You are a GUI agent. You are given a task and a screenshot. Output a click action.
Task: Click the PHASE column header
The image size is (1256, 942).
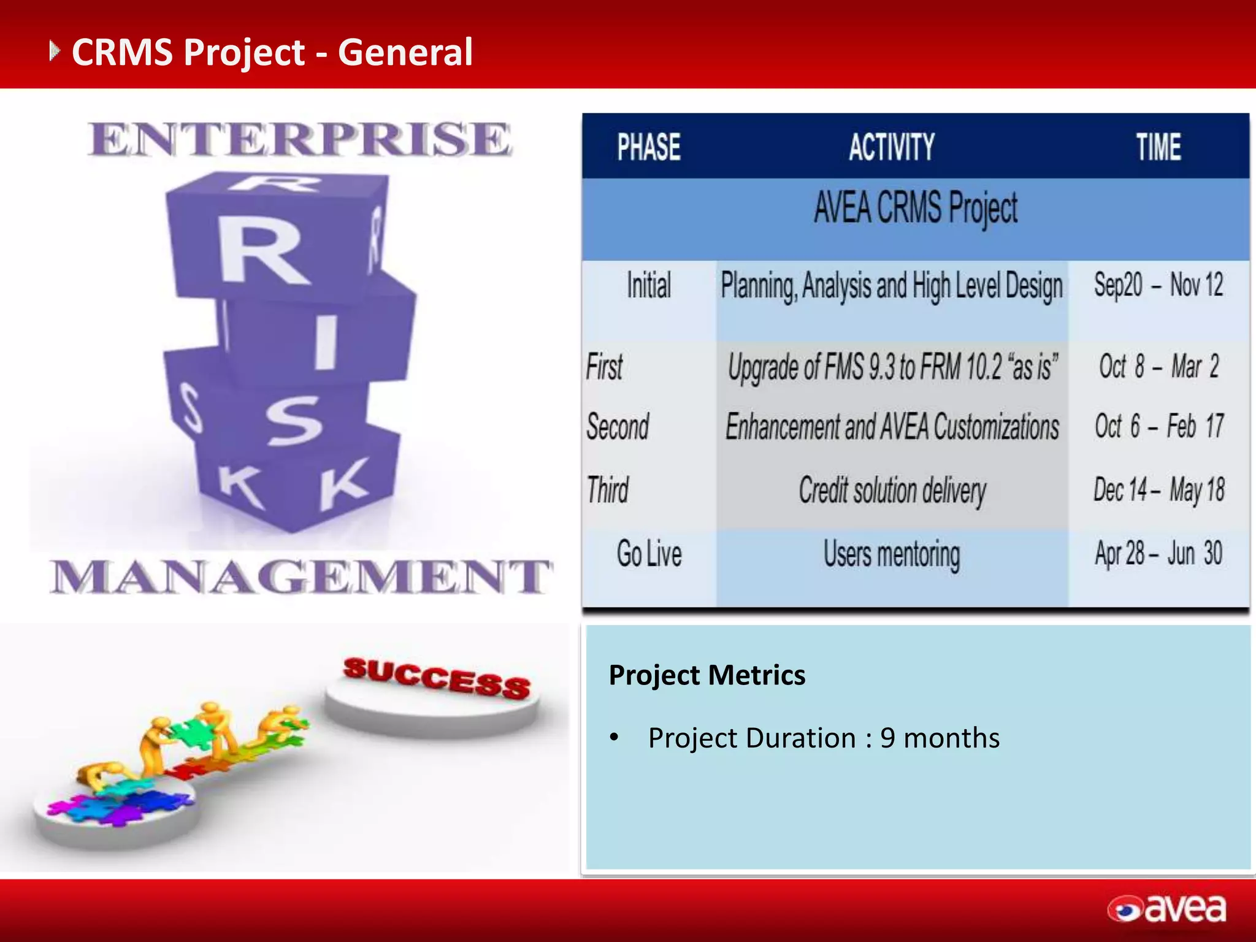(649, 147)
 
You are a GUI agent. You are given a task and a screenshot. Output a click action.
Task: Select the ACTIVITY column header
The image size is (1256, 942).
(892, 147)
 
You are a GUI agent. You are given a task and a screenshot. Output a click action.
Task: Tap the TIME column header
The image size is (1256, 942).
(1158, 147)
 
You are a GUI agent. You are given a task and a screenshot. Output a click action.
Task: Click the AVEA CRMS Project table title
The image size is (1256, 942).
(916, 208)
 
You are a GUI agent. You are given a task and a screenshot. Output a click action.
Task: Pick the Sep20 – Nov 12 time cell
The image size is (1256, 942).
(1158, 285)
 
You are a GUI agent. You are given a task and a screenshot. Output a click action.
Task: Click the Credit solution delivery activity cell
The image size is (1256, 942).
(892, 491)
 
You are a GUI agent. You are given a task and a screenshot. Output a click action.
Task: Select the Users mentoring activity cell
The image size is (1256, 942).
(892, 554)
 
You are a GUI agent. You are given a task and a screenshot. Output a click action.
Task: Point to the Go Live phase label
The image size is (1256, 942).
(649, 554)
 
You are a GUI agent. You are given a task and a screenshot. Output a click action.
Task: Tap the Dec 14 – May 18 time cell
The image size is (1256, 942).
(1158, 491)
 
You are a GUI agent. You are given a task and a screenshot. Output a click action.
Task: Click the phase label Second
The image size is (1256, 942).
(618, 427)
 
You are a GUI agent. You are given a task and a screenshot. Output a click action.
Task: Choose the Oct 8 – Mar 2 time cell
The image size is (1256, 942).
(1158, 367)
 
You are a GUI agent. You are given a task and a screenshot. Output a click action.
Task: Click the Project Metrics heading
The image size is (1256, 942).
(706, 675)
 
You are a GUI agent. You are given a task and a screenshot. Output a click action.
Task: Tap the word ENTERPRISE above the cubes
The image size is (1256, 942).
(299, 140)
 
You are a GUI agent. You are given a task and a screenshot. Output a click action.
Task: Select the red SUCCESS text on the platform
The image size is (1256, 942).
(437, 678)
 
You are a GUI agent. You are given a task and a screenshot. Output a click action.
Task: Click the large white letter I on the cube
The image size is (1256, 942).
(326, 342)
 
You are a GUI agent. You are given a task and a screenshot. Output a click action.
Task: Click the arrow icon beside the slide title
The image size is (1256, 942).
(55, 51)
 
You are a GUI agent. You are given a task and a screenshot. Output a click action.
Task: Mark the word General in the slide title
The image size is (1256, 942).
(405, 52)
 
